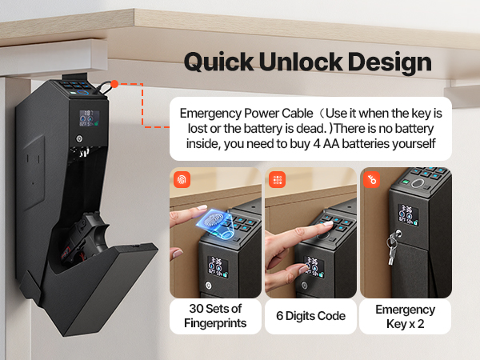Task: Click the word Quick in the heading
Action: pyautogui.click(x=219, y=62)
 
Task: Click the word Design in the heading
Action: pyautogui.click(x=390, y=62)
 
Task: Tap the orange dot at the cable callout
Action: pyautogui.click(x=114, y=84)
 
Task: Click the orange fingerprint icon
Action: pyautogui.click(x=182, y=179)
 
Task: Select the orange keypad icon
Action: pyautogui.click(x=277, y=179)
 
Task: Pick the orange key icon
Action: pyautogui.click(x=372, y=179)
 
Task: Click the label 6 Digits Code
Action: pyautogui.click(x=310, y=316)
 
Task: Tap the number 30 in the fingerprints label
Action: pyautogui.click(x=196, y=309)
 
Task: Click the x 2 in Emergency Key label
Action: pyautogui.click(x=418, y=323)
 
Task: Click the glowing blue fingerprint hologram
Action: pyautogui.click(x=215, y=223)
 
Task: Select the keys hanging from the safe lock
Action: pyautogui.click(x=392, y=247)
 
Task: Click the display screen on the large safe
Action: pyautogui.click(x=90, y=118)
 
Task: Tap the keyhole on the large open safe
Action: pyautogui.click(x=79, y=139)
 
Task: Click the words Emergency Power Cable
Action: pyautogui.click(x=246, y=114)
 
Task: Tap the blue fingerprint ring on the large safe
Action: pyautogui.click(x=82, y=92)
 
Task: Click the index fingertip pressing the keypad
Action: pyautogui.click(x=327, y=224)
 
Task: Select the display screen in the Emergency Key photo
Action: pyautogui.click(x=408, y=214)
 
